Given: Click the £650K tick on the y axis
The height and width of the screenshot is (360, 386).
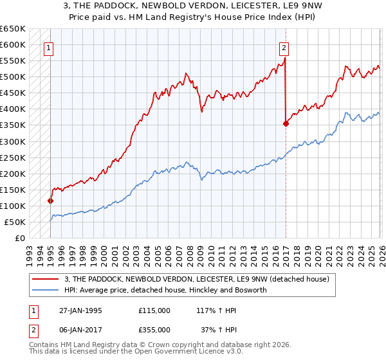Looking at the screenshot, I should (x=13, y=29).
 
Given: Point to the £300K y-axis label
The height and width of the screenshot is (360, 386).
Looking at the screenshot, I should (x=13, y=141).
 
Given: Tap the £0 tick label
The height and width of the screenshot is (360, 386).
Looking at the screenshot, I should (x=19, y=238).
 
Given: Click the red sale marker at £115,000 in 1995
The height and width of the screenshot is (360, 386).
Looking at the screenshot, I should (x=51, y=201).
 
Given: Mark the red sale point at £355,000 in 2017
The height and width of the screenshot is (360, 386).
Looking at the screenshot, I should (x=285, y=123).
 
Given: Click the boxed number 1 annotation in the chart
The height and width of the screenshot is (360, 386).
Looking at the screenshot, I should (x=50, y=47).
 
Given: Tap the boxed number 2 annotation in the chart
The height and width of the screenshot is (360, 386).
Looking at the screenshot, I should (x=284, y=47).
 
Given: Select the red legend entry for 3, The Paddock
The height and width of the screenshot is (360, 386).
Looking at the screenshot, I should (x=197, y=279).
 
